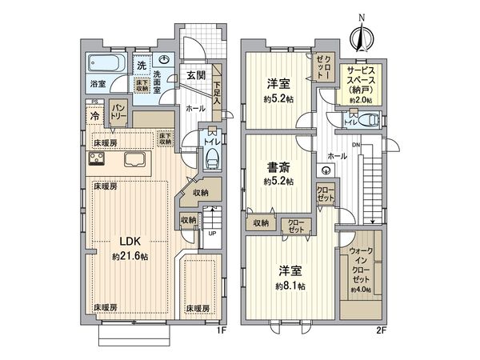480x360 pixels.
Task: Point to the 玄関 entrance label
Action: click(195, 75)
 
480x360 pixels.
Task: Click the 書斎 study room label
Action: click(277, 168)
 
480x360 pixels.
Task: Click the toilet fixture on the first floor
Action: click(211, 158)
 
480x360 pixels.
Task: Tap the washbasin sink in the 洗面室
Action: click(164, 59)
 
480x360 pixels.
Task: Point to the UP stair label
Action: click(210, 234)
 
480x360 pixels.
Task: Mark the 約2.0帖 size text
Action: click(366, 100)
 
